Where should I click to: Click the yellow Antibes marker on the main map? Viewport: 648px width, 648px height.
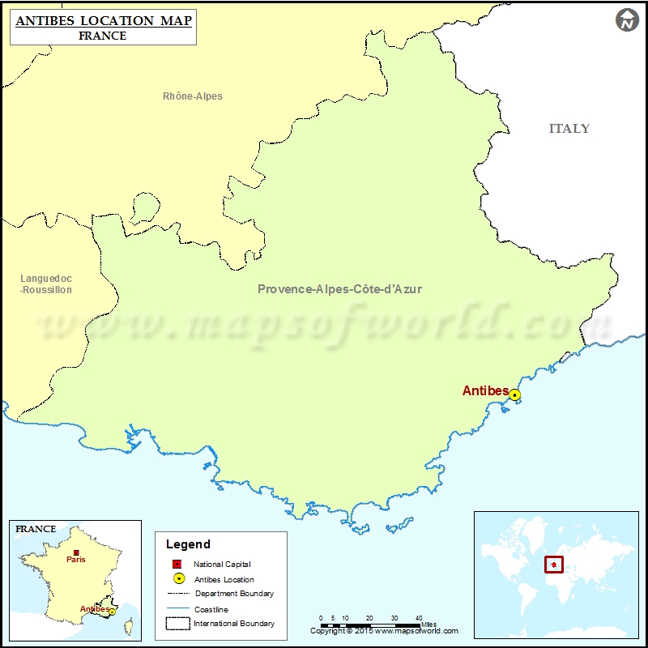click(x=514, y=395)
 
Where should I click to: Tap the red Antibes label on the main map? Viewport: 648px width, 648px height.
click(x=485, y=391)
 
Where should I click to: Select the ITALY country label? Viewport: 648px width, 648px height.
click(x=569, y=129)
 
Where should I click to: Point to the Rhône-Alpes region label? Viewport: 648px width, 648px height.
click(x=193, y=96)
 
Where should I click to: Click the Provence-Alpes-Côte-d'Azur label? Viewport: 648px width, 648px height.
click(x=339, y=288)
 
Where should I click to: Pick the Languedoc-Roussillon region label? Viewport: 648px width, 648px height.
click(x=46, y=283)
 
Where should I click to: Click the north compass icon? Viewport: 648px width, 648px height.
click(x=627, y=20)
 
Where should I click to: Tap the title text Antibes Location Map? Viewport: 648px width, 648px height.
click(x=103, y=20)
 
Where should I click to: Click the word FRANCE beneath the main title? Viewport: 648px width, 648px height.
click(x=103, y=36)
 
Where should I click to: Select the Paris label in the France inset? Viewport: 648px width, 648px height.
click(x=76, y=560)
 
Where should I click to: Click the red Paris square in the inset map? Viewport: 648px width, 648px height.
click(x=76, y=552)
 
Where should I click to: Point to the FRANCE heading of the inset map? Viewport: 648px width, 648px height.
click(x=36, y=529)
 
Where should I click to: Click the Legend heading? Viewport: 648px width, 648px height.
click(x=188, y=544)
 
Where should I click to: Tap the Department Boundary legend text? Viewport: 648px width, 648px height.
click(x=234, y=594)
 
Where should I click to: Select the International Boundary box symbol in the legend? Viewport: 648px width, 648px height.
click(x=177, y=624)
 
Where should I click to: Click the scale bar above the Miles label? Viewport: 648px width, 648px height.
click(x=369, y=625)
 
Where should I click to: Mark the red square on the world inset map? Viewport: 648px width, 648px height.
click(x=554, y=564)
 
